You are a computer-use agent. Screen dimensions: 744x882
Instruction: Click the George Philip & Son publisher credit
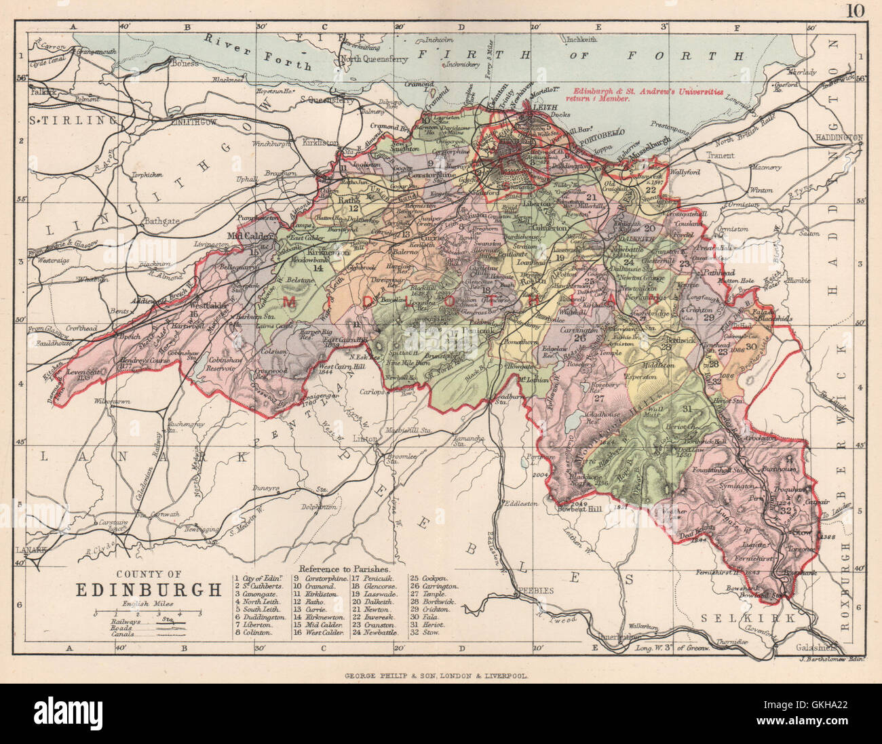coord(435,676)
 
